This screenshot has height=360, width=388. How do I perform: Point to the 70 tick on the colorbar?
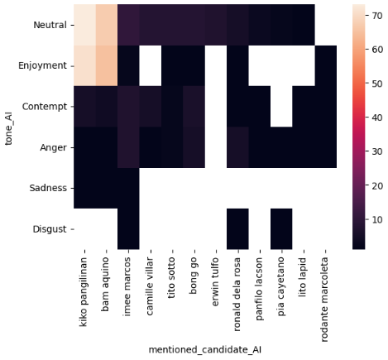pos(374,14)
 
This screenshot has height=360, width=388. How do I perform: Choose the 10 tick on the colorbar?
pos(374,219)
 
